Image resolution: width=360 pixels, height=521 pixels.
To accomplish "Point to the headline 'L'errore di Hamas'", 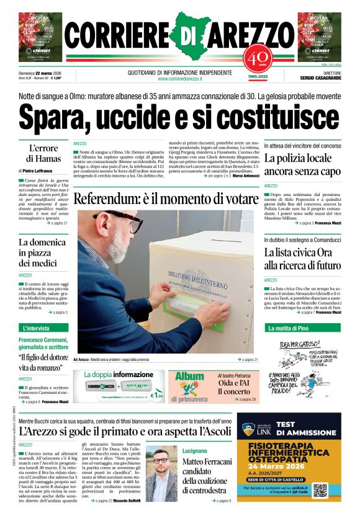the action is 43,154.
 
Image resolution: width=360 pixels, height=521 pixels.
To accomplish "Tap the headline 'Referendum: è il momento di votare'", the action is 165,199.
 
